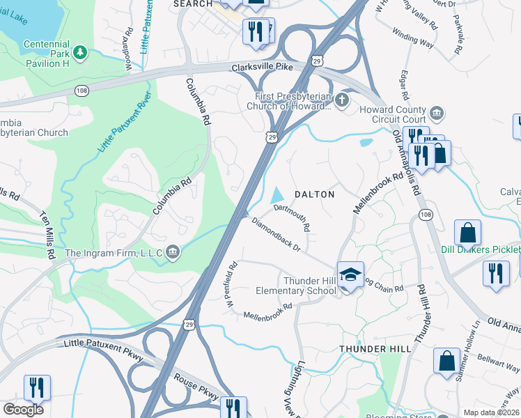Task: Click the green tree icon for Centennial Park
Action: pyautogui.click(x=81, y=52)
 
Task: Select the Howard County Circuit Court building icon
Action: pyautogui.click(x=436, y=113)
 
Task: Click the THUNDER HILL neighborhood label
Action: pyautogui.click(x=367, y=348)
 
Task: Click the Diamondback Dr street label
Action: pyautogui.click(x=276, y=235)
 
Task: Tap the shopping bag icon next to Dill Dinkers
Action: pyautogui.click(x=467, y=233)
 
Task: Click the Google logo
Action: pyautogui.click(x=23, y=409)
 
